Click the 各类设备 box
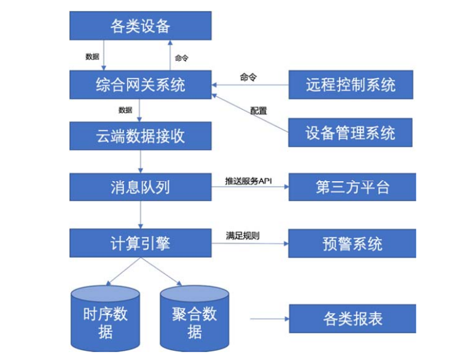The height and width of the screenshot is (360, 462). pyautogui.click(x=140, y=26)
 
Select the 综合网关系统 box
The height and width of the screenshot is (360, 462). pyautogui.click(x=140, y=85)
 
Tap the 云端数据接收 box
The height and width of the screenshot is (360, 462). pyautogui.click(x=140, y=136)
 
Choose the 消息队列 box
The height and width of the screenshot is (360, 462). pyautogui.click(x=140, y=187)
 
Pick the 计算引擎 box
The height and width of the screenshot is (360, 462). pyautogui.click(x=140, y=243)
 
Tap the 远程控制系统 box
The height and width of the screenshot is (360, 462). pyautogui.click(x=351, y=85)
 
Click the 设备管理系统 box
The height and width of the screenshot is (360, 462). pyautogui.click(x=351, y=132)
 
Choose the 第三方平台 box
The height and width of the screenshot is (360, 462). pyautogui.click(x=351, y=187)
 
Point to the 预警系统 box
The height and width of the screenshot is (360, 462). pyautogui.click(x=351, y=243)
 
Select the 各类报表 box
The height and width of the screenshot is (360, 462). pyautogui.click(x=351, y=319)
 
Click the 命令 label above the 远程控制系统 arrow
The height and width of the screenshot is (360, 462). pyautogui.click(x=248, y=77)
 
